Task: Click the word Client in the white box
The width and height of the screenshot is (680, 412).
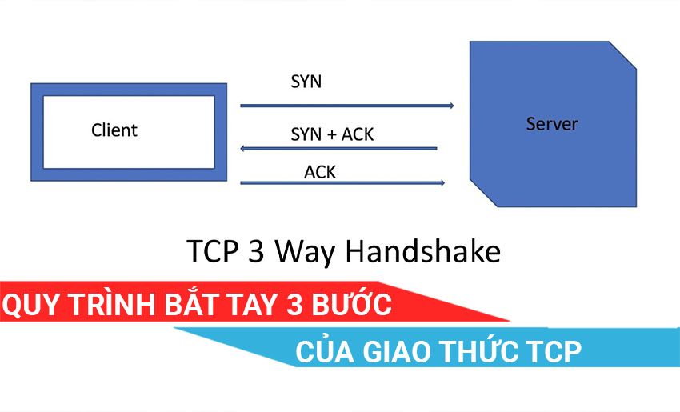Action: [114, 130]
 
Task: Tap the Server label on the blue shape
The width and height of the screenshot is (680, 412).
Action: [552, 124]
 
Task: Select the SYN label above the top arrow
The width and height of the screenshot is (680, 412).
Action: [306, 82]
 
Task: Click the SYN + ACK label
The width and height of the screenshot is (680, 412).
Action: [332, 134]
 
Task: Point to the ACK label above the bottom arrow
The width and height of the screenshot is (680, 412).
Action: [320, 172]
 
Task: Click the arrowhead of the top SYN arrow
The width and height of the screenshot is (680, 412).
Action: [451, 106]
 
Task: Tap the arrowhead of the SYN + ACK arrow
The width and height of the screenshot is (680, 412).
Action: [243, 148]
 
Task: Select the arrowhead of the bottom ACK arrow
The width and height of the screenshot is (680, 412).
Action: [442, 182]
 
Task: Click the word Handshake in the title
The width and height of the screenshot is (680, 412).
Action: [423, 251]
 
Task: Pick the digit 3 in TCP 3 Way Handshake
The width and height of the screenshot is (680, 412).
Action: [256, 251]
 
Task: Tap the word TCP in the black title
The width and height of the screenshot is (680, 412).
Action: [213, 251]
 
